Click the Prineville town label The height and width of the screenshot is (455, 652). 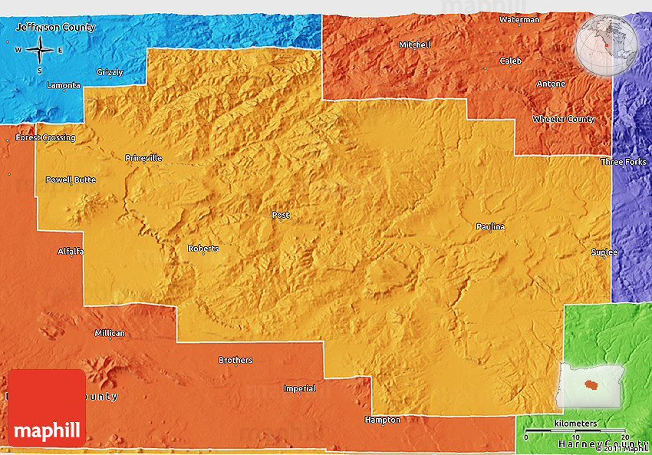pyautogui.click(x=143, y=158)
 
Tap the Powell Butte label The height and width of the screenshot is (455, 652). pyautogui.click(x=71, y=180)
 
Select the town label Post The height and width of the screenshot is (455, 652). pyautogui.click(x=281, y=216)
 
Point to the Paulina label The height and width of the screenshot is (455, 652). pyautogui.click(x=490, y=226)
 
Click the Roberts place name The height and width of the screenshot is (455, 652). pyautogui.click(x=203, y=249)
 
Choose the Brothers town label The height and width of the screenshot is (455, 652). pyautogui.click(x=235, y=360)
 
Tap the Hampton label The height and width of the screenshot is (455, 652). pyautogui.click(x=382, y=420)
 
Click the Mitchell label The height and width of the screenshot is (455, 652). pyautogui.click(x=415, y=45)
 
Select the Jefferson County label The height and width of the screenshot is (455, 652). pyautogui.click(x=55, y=28)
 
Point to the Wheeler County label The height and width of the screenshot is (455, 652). pyautogui.click(x=564, y=120)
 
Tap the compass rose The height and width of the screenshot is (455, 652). pyautogui.click(x=38, y=51)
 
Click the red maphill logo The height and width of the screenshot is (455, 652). pyautogui.click(x=47, y=408)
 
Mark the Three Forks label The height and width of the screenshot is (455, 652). pyautogui.click(x=623, y=162)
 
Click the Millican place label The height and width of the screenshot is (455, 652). pyautogui.click(x=109, y=333)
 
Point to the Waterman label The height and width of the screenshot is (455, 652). pyautogui.click(x=519, y=19)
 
